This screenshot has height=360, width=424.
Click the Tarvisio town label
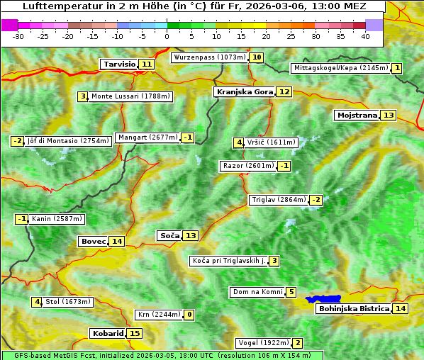point(119,64)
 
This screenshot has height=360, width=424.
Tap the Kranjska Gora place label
point(244,91)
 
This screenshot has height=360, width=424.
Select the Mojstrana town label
point(357,115)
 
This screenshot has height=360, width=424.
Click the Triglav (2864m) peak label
point(278,200)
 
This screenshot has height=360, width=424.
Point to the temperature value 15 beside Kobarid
point(135,333)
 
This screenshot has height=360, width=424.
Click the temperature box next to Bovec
point(117,241)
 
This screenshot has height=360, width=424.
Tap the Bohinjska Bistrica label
point(353,308)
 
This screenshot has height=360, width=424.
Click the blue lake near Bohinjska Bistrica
point(324,300)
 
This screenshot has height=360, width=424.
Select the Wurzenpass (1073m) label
point(209,57)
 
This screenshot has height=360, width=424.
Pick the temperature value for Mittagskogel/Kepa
point(397,68)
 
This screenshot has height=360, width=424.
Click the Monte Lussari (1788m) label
point(130,96)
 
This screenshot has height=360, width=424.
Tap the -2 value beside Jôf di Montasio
point(18,141)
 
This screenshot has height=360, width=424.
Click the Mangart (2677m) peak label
point(147,137)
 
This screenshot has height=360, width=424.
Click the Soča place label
point(169,235)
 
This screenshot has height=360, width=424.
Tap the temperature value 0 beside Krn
point(189,315)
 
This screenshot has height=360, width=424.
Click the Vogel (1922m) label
point(262,343)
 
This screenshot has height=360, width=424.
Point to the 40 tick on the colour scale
point(365,35)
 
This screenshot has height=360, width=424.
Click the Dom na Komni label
point(257,292)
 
